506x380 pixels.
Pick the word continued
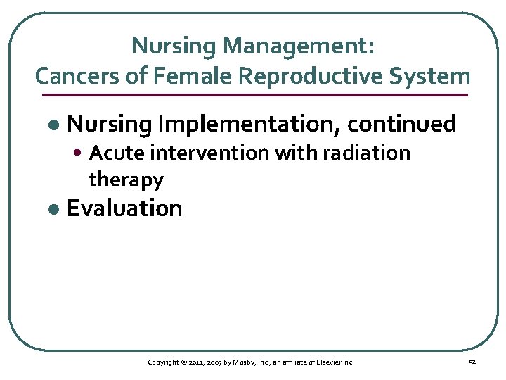pos(402,125)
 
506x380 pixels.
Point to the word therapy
pos(126,180)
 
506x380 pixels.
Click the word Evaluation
pos(124,209)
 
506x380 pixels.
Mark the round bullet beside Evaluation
pos(52,210)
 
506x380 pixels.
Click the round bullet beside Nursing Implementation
pos(52,125)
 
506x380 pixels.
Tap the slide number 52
pos(472,362)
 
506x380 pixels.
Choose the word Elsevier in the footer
pos(329,362)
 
